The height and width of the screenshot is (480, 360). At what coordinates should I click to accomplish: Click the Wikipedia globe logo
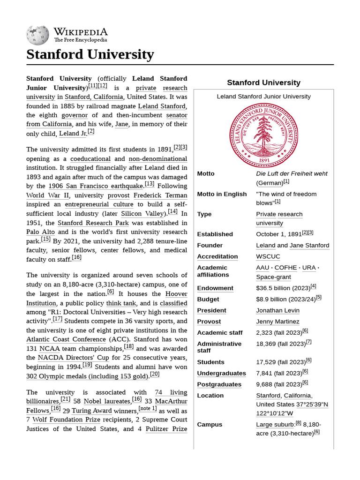coord(38,34)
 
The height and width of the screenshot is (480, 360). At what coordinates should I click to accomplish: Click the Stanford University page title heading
coord(90,54)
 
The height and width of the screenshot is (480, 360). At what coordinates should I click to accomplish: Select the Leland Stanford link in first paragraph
coord(161,106)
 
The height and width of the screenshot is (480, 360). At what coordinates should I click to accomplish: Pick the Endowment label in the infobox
coord(215,288)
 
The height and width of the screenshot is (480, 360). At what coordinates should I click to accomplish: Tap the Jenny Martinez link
coord(277,322)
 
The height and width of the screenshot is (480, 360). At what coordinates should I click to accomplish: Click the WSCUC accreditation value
coord(268,256)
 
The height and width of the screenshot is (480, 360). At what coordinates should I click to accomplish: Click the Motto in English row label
coord(222,194)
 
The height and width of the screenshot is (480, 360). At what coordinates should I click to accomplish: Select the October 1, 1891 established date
coord(278,234)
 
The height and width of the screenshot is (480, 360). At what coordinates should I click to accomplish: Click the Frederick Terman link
coord(160,195)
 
